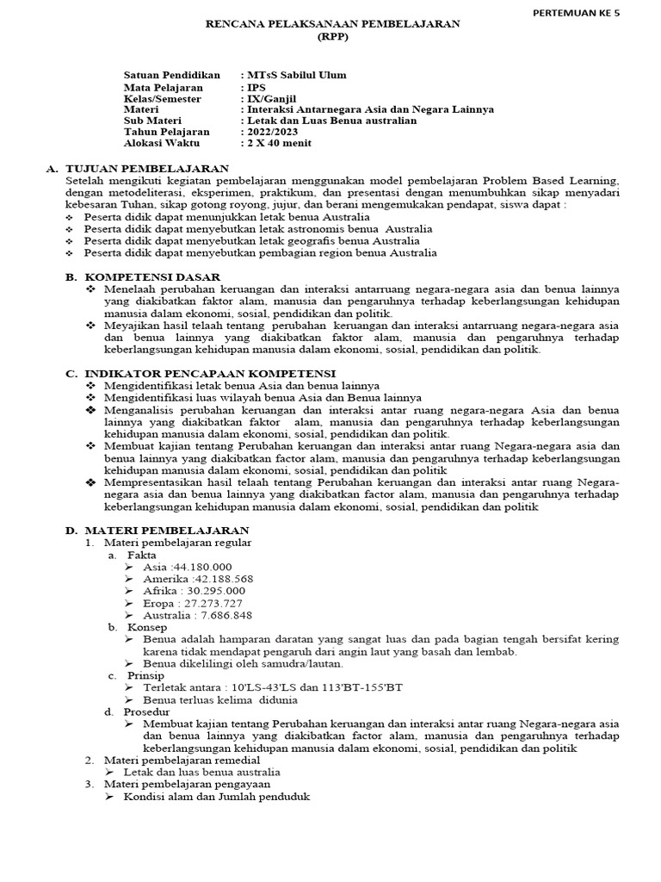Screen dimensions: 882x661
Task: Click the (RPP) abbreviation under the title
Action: click(x=330, y=38)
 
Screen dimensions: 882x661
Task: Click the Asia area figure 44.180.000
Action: click(x=203, y=566)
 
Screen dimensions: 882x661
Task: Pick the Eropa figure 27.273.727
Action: click(x=217, y=603)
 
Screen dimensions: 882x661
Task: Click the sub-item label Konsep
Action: click(x=147, y=627)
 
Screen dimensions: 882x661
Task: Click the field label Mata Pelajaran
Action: click(x=164, y=87)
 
